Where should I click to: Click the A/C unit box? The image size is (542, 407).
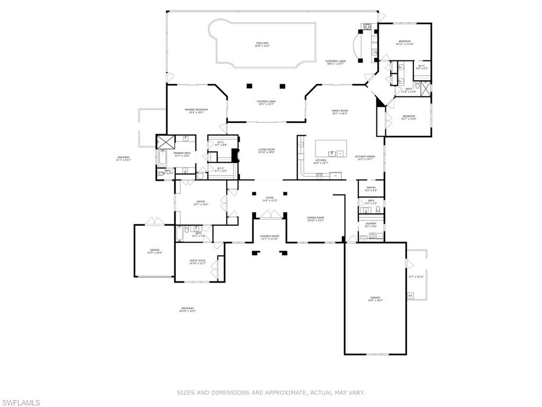coord(410,296)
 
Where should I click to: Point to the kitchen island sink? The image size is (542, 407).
coord(332,153)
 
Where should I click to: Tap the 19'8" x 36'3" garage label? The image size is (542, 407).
coord(375,299)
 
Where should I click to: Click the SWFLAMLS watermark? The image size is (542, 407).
coord(21,403)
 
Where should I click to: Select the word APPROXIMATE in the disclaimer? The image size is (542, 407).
coord(284,393)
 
